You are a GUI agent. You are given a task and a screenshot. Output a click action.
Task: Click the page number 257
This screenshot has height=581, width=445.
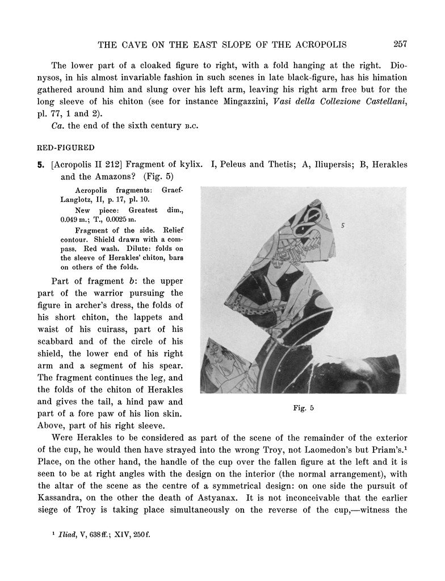[400, 44]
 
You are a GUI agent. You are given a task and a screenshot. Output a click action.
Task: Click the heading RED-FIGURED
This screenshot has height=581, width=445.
[74, 149]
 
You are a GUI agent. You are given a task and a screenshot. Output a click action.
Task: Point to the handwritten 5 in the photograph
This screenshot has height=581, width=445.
[343, 225]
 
